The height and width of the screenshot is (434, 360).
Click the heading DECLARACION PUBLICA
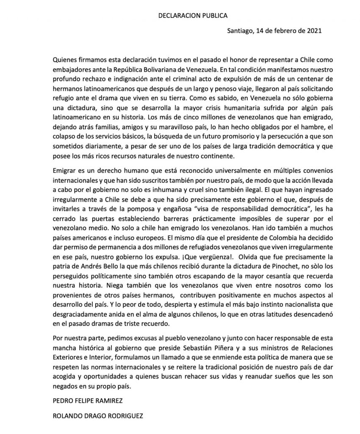coord(193,16)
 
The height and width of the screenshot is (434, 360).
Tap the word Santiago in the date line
coord(241,31)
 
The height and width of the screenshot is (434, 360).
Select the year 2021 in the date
coord(314,31)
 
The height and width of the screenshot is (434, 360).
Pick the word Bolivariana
coord(162,68)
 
